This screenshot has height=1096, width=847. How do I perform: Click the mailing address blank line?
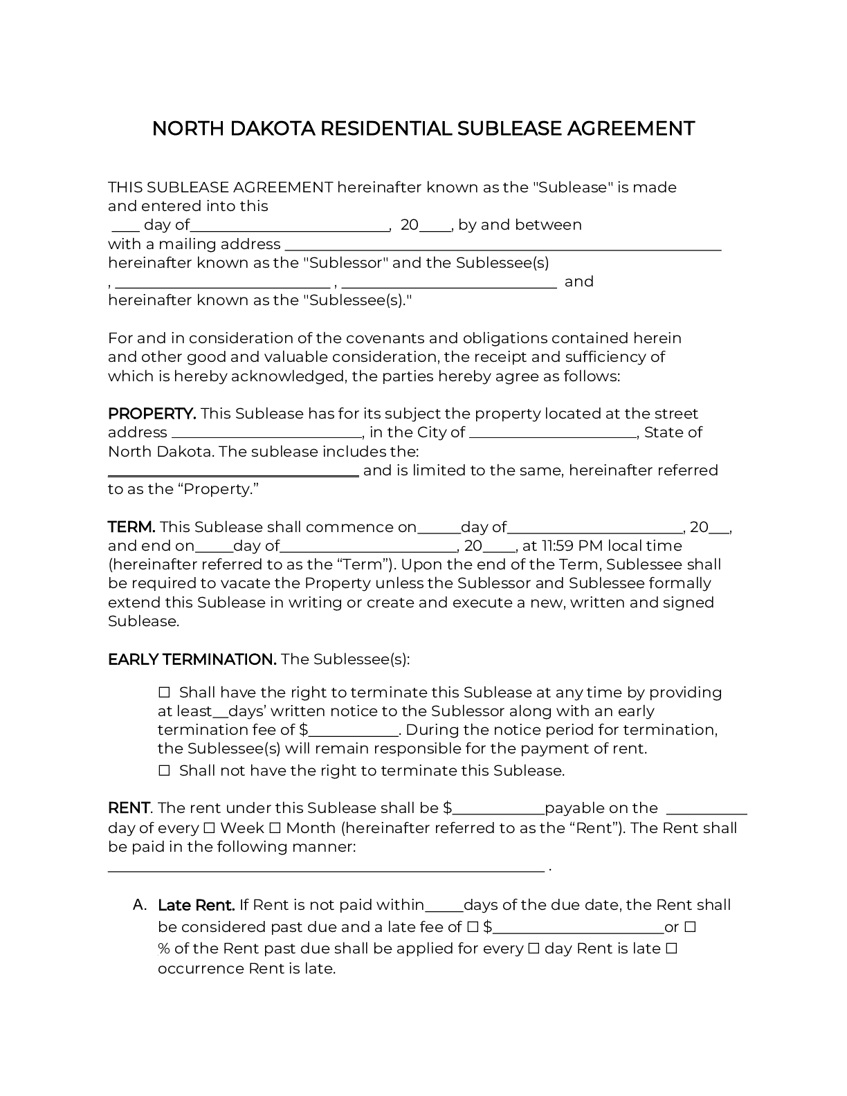click(503, 246)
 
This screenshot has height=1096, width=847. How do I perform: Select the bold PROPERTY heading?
click(152, 414)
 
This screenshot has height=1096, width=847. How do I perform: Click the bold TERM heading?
click(131, 527)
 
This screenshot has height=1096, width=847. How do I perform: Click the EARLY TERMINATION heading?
click(192, 659)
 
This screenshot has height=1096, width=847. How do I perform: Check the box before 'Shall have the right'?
click(164, 693)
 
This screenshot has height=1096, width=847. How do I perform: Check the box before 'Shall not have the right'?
click(164, 771)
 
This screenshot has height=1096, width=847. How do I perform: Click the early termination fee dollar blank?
click(354, 731)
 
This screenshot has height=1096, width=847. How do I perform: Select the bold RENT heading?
click(129, 808)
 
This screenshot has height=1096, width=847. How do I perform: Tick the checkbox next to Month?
click(274, 828)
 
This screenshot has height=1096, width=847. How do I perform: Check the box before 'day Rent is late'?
click(534, 949)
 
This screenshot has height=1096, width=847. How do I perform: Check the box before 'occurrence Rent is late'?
click(671, 949)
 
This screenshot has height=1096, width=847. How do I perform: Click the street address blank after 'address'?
click(266, 434)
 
